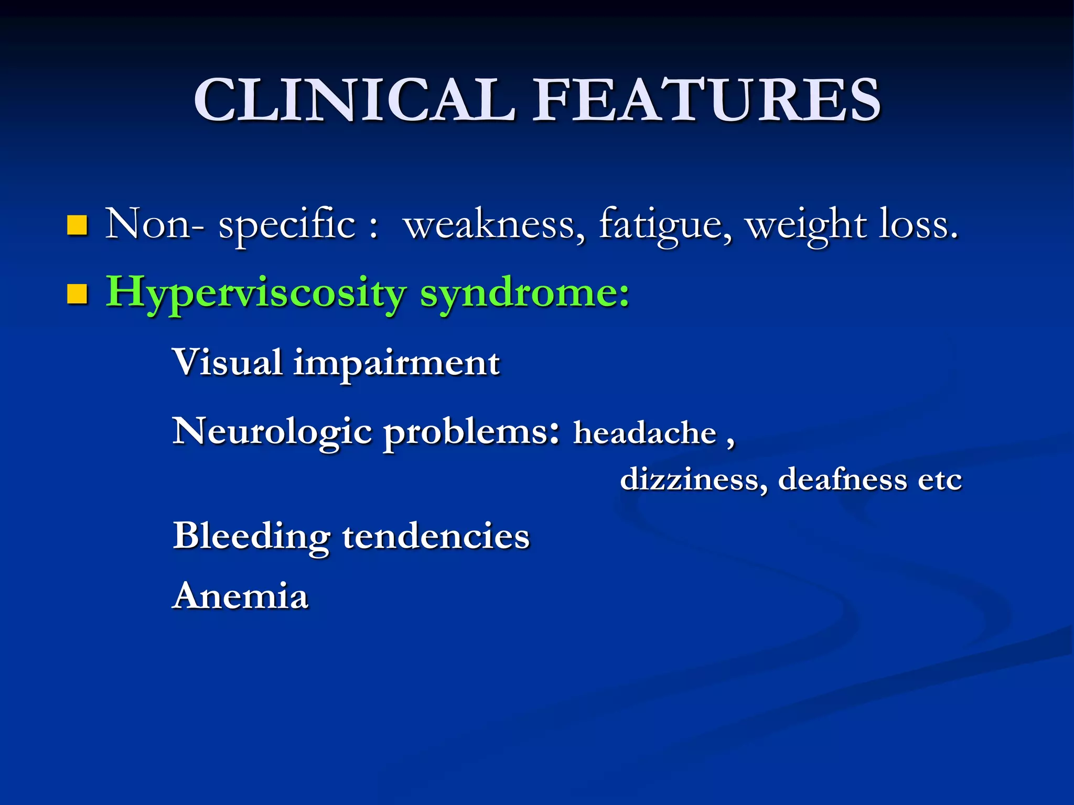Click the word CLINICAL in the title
355,100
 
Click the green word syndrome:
524,292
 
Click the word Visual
228,362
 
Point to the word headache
645,434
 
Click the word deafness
842,480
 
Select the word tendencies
436,537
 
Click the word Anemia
240,596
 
